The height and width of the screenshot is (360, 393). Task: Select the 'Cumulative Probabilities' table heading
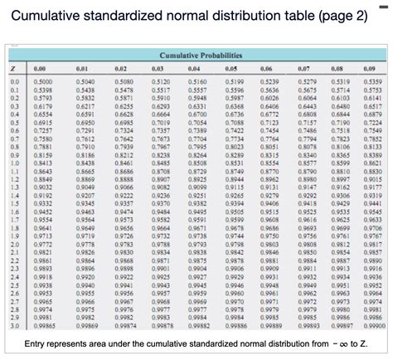(x=196, y=54)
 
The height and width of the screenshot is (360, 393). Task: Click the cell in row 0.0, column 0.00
(x=41, y=83)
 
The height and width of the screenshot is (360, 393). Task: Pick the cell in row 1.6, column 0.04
(x=198, y=213)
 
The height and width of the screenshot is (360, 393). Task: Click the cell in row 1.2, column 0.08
(x=342, y=181)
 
